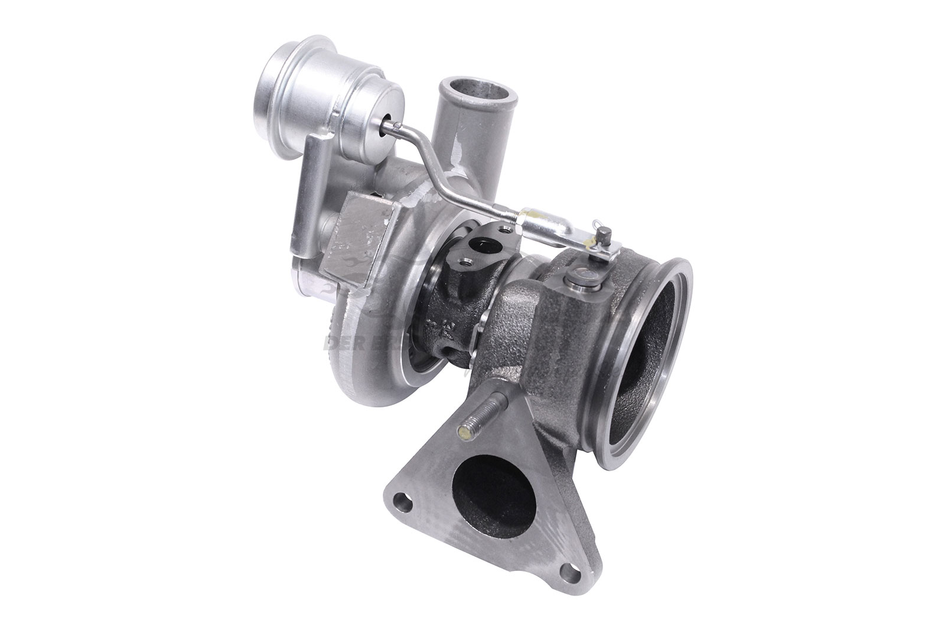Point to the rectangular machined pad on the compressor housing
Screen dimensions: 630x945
pyautogui.click(x=360, y=236)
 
